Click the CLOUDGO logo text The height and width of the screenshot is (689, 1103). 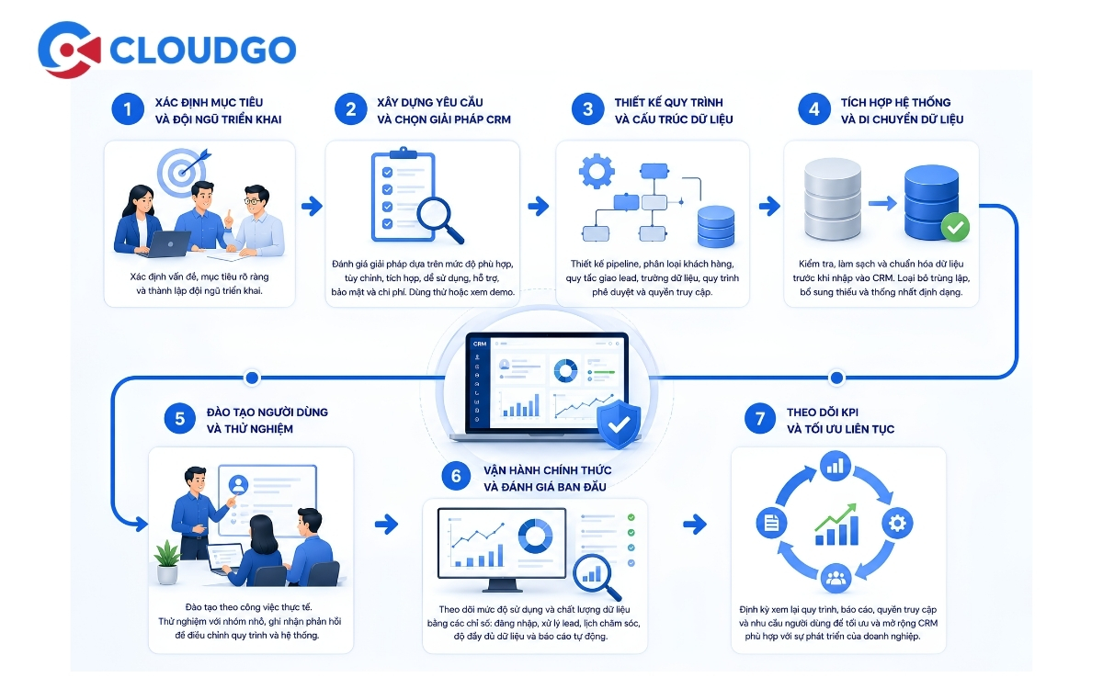coord(202,50)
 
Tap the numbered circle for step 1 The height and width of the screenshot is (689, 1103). coord(128,109)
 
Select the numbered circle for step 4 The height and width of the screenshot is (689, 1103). coord(814,109)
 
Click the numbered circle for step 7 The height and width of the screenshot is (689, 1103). coord(760,419)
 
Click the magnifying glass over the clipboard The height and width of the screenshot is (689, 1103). coord(438,219)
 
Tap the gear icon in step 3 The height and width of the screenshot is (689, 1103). coord(597,171)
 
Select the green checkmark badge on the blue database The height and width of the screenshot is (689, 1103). coord(955,228)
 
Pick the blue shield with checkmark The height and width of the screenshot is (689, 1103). coord(619,424)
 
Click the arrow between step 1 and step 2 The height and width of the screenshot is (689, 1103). coord(313,206)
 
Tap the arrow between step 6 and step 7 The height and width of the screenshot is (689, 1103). coord(695,525)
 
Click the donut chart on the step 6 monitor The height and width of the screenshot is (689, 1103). coord(535,536)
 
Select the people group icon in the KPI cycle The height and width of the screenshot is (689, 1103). coord(836,578)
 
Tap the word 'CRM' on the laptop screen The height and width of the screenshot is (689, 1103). coord(480,344)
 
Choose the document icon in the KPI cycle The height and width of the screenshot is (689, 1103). coord(771,523)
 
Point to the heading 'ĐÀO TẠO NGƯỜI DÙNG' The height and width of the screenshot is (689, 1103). coord(267,412)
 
